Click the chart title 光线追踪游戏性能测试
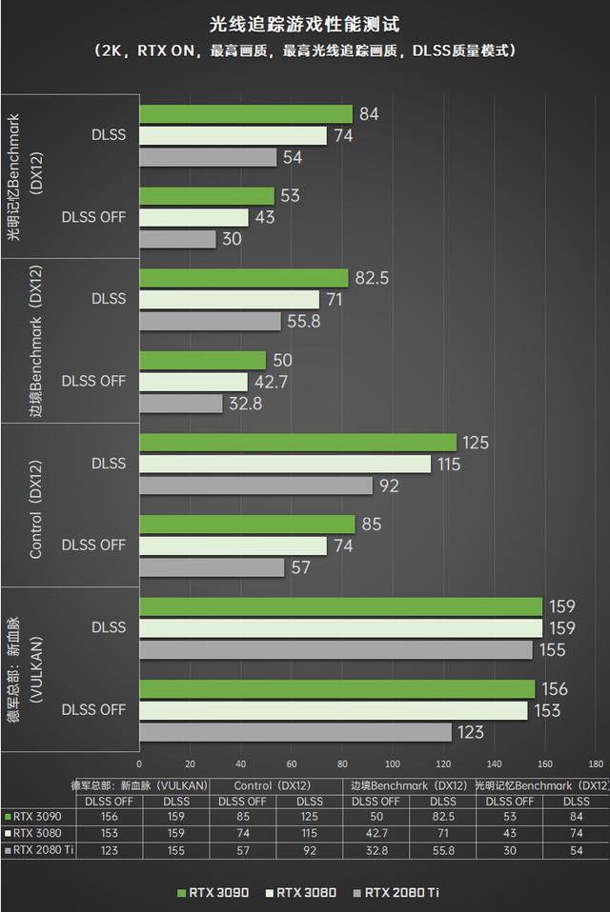coord(304,22)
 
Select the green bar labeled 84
coord(246,114)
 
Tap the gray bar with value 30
coord(178,239)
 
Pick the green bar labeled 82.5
coord(244,278)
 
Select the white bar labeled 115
coord(285,464)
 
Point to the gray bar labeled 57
coord(212,567)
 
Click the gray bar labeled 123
coord(295,732)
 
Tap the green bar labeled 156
coord(336,689)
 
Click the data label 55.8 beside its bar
coord(304,322)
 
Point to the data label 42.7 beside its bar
coord(271,382)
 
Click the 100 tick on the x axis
coord(393,763)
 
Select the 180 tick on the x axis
coord(596,763)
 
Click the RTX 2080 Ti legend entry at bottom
coord(396,892)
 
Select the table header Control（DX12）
coord(275,786)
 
